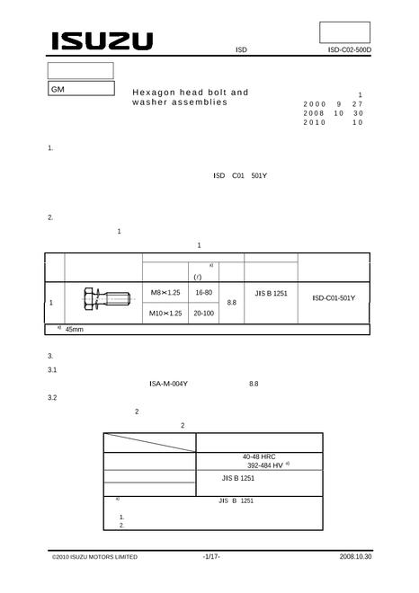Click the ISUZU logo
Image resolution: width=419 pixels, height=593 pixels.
pos(103,40)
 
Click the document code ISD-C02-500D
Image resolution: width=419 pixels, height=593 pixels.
pos(350,50)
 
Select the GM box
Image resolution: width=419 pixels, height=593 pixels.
pos(81,88)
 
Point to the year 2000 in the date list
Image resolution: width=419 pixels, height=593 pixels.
pos(314,104)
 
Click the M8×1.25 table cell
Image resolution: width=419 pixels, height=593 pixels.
pos(165,292)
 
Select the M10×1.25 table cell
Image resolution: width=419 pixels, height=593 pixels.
pos(165,314)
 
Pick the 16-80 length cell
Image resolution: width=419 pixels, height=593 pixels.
pos(203,292)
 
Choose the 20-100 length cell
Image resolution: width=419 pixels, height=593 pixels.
pos(203,314)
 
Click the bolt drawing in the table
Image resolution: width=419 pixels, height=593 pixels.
pos(106,299)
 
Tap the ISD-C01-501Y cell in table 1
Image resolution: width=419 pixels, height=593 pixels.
pos(334,298)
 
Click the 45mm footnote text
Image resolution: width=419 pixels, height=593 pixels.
pos(75,330)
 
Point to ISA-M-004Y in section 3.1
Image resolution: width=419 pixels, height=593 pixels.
pos(168,384)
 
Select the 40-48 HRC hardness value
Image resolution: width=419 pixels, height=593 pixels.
pos(259,456)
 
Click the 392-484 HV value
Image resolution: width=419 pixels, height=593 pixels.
pos(265,465)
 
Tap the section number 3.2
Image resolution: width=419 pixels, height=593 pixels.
pos(52,398)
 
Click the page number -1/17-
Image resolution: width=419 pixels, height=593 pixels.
pos(211,556)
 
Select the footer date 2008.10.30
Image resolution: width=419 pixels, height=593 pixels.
pos(355,556)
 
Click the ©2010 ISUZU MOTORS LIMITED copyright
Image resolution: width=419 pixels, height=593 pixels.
pos(94,557)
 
